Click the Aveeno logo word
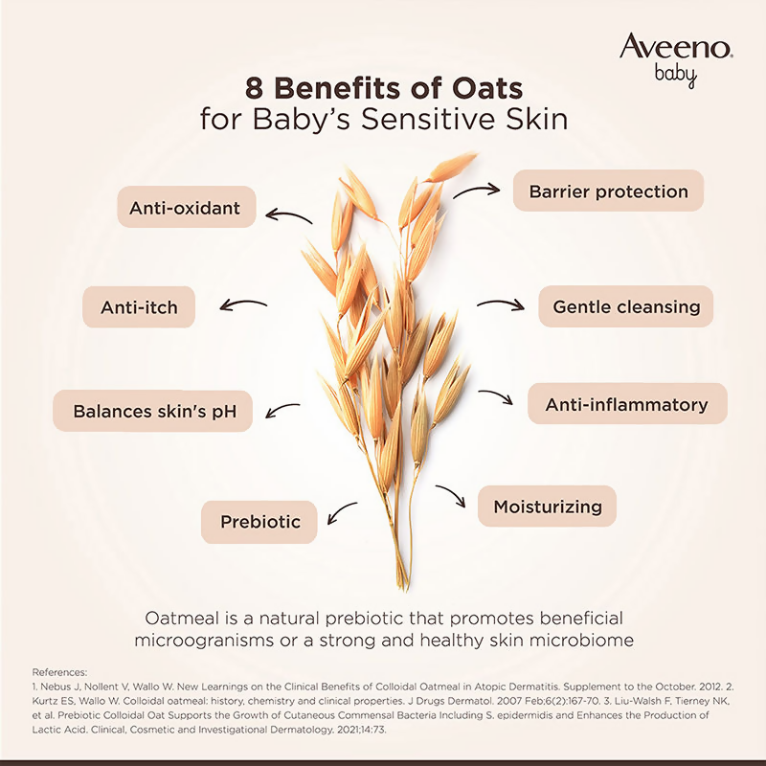pyautogui.click(x=676, y=47)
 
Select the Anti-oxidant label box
pyautogui.click(x=186, y=207)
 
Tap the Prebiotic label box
pyautogui.click(x=259, y=522)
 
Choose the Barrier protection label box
pyautogui.click(x=608, y=191)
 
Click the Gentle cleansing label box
pyautogui.click(x=626, y=307)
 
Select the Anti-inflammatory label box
pyautogui.click(x=627, y=404)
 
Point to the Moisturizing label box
pyautogui.click(x=548, y=506)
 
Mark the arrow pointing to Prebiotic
pyautogui.click(x=342, y=514)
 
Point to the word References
pyautogui.click(x=59, y=672)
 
